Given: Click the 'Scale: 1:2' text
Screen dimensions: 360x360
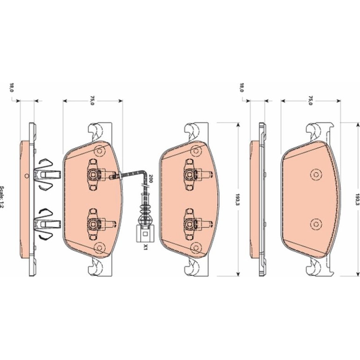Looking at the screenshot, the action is [2, 197].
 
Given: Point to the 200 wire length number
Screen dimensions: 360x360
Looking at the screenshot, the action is [151, 179].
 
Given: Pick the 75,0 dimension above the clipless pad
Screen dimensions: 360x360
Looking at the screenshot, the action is [310, 101].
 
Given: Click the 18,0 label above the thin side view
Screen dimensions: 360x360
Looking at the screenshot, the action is [242, 87].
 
